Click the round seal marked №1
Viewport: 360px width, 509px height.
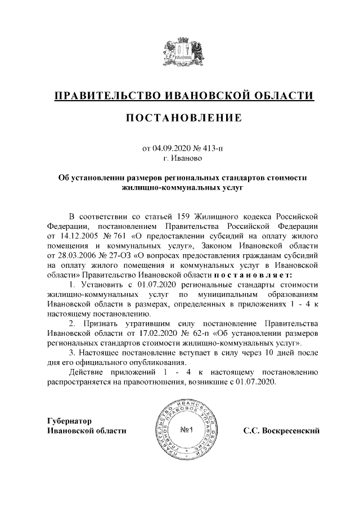click(185, 431)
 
